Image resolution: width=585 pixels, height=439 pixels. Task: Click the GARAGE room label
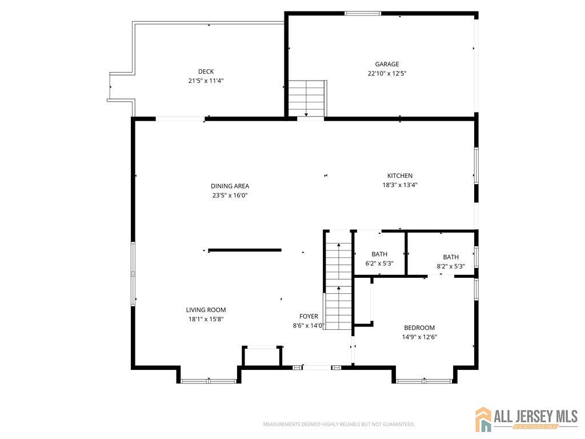[x=387, y=64]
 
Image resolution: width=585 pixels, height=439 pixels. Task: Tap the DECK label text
[x=206, y=71]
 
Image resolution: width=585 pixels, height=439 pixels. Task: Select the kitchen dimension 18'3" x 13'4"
[x=400, y=185]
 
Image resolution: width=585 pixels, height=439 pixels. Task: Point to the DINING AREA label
[x=230, y=186]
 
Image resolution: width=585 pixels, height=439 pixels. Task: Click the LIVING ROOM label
[x=206, y=310]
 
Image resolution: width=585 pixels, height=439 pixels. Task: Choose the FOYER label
[x=308, y=317]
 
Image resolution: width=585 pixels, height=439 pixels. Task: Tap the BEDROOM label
[x=419, y=328]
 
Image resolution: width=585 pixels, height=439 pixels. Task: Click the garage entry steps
[x=307, y=99]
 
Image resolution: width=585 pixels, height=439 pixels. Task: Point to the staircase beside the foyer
[x=338, y=281]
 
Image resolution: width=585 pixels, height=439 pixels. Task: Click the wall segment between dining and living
[x=245, y=250]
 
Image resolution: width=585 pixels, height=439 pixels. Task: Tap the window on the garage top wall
[x=363, y=14]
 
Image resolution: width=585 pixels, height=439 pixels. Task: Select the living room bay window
[x=209, y=381]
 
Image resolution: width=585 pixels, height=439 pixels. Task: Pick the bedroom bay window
[x=424, y=381]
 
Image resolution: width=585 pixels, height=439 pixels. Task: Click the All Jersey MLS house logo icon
[x=483, y=419]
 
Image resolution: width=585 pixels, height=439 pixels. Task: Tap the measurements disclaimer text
[x=339, y=425]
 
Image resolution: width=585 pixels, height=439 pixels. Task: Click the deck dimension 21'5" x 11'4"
[x=206, y=81]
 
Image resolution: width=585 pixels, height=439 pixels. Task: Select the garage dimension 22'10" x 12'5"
[x=387, y=74]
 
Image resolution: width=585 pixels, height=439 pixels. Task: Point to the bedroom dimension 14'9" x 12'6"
[x=419, y=337]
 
